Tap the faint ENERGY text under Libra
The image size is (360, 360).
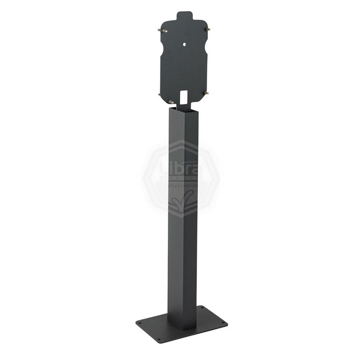181,178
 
